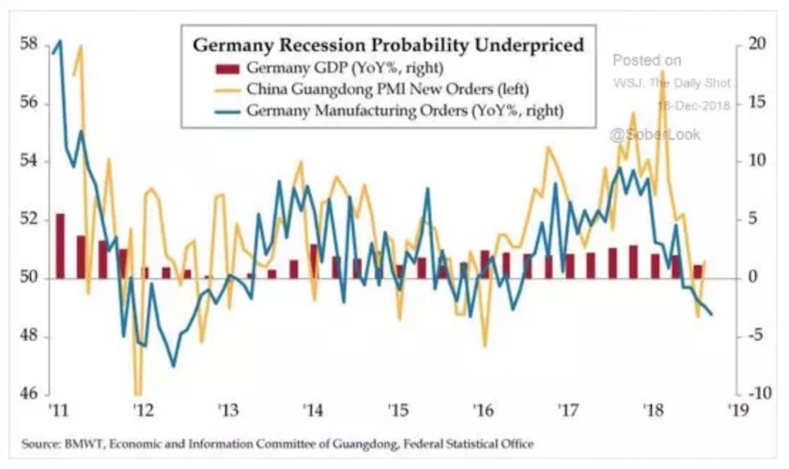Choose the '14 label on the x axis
pos(314,411)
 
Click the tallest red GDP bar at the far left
pos(60,245)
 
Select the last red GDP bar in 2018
pos(697,272)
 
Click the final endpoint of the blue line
pos(711,314)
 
